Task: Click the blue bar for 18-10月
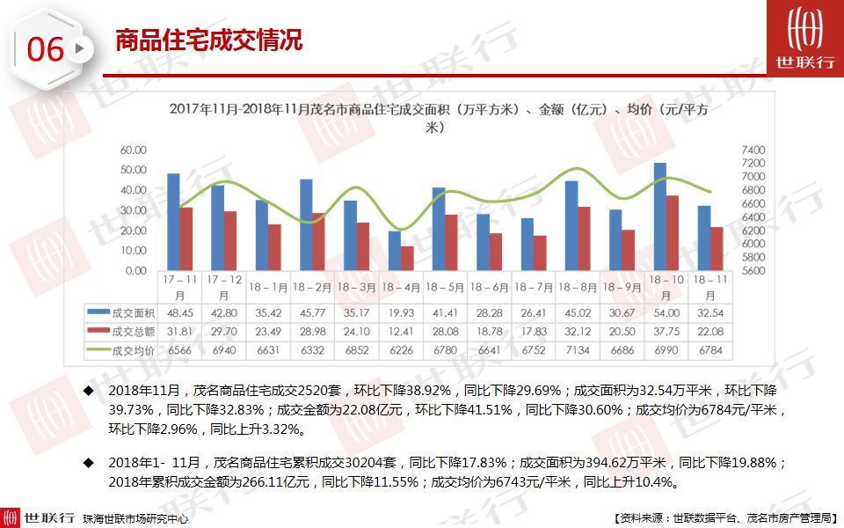(x=659, y=216)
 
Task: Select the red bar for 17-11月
(x=186, y=238)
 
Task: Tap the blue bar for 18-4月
(x=394, y=251)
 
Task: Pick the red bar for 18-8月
(x=584, y=238)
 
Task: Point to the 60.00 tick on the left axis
(x=134, y=150)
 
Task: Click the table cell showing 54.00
(x=666, y=312)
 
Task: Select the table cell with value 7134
(x=578, y=349)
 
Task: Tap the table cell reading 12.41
(x=401, y=331)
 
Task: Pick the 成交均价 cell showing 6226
(x=401, y=349)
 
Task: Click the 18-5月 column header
(x=445, y=287)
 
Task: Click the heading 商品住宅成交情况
(x=209, y=40)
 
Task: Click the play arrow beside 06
(x=80, y=49)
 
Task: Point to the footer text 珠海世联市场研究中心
(x=135, y=519)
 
